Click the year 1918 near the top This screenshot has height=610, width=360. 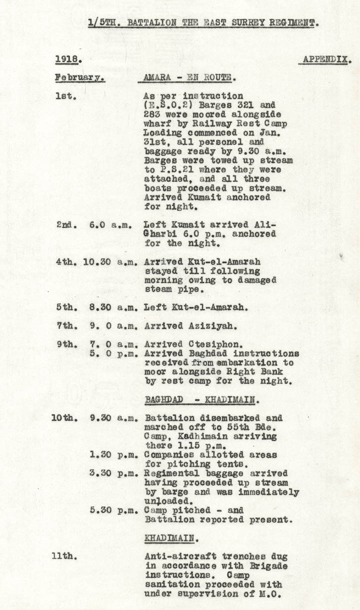[x=67, y=59]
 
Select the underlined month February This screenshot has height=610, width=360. [x=79, y=78]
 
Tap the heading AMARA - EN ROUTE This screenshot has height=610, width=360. [x=189, y=78]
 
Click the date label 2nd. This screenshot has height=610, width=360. [x=66, y=225]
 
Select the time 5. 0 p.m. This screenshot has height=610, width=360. [x=112, y=354]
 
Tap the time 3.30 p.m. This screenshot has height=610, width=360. [x=112, y=473]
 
